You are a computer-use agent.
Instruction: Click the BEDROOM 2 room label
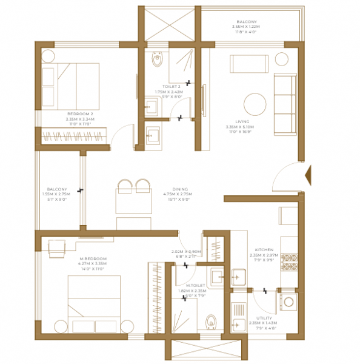(x=80, y=113)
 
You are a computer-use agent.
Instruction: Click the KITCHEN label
(x=264, y=249)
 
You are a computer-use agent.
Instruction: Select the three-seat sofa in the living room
(x=284, y=104)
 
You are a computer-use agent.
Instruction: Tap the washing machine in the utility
(x=288, y=302)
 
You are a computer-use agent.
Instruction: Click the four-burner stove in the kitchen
(x=289, y=258)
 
